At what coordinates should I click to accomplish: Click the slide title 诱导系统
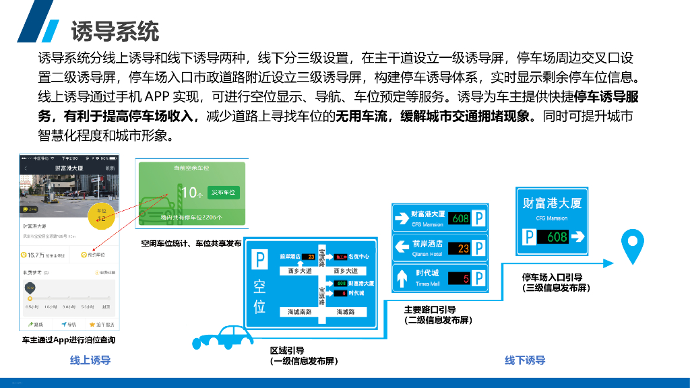pos(115,31)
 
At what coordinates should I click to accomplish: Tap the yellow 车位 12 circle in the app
pos(102,215)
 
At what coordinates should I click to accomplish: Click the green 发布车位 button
pos(223,193)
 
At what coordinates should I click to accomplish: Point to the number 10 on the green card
pos(189,193)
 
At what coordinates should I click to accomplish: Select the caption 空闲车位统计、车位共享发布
pos(191,243)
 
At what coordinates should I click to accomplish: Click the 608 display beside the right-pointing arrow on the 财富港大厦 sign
pos(557,237)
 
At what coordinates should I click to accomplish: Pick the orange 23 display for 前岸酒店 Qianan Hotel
pos(463,248)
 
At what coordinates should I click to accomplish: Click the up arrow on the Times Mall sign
pos(402,278)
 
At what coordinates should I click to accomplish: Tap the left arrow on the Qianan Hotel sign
pos(402,248)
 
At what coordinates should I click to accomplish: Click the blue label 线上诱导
pos(90,360)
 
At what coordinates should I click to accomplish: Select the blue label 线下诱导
pos(525,360)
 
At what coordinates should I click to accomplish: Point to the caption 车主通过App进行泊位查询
pos(68,340)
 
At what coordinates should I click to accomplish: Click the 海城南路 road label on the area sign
pos(300,312)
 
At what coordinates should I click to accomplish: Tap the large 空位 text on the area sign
pos(259,297)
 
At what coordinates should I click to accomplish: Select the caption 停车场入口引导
pos(553,277)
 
